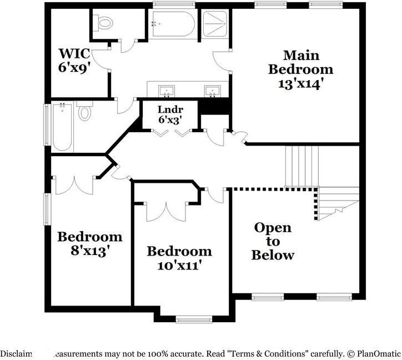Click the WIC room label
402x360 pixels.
[x=74, y=53]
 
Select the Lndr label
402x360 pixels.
[x=170, y=109]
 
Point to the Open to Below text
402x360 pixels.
[x=272, y=242]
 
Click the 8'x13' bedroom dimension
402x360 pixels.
[x=89, y=250]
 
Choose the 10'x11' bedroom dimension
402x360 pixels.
[x=178, y=265]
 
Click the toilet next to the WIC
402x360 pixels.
[x=104, y=23]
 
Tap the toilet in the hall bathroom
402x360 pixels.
[x=84, y=112]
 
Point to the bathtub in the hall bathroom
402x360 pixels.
[x=62, y=127]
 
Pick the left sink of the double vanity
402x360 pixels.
[x=165, y=91]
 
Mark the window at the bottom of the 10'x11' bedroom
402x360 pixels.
[x=193, y=319]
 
